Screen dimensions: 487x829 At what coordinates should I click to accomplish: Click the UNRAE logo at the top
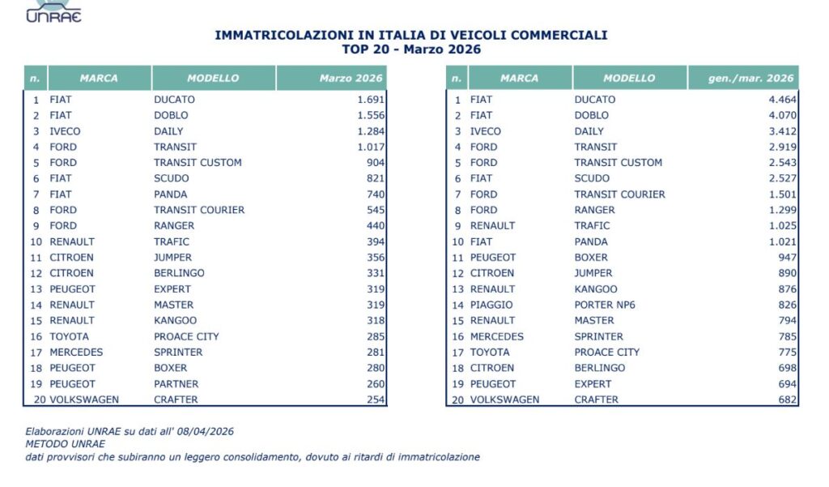(x=54, y=11)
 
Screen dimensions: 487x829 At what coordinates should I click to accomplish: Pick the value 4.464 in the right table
(x=781, y=100)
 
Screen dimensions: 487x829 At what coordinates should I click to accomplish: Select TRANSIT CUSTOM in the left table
(x=198, y=162)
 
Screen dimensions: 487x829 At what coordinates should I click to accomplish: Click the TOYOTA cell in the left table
(x=70, y=336)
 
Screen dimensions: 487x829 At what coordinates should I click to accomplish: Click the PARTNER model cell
(x=176, y=383)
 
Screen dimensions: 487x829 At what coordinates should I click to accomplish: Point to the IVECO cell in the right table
(x=486, y=131)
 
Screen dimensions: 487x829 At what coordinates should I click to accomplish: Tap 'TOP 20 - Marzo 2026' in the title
(x=411, y=49)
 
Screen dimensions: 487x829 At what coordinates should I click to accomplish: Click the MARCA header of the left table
(x=99, y=79)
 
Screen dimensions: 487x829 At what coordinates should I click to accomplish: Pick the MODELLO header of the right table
(x=629, y=79)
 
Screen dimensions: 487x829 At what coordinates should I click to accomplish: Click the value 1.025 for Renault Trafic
(x=781, y=225)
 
